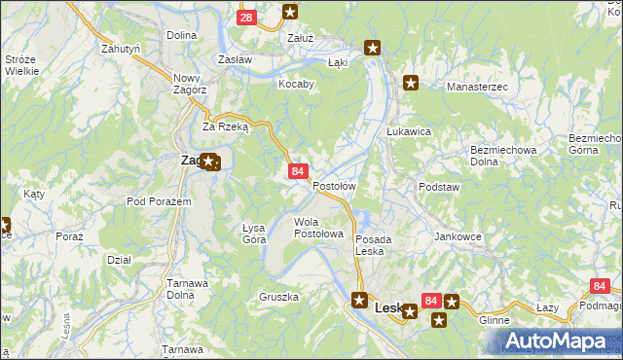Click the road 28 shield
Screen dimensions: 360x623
247,17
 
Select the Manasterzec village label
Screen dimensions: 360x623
478,88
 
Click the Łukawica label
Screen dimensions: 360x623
409,131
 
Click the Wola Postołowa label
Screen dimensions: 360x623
319,228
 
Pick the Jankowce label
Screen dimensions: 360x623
458,236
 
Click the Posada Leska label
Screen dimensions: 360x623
374,245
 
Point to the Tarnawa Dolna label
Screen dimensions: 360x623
187,289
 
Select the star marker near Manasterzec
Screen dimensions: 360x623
411,83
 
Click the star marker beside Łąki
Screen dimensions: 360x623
372,47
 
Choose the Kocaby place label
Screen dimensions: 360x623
296,84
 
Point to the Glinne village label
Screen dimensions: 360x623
495,319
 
